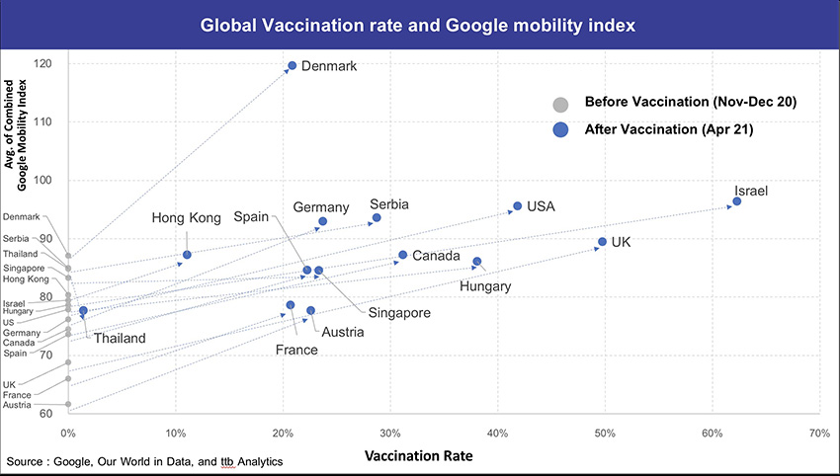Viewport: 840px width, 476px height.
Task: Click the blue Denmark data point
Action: click(x=292, y=66)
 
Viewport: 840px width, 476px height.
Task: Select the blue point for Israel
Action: click(x=736, y=201)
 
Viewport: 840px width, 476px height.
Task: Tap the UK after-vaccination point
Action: click(x=602, y=242)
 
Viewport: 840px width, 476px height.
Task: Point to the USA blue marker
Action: click(x=517, y=206)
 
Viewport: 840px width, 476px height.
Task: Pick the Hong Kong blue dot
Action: click(x=187, y=255)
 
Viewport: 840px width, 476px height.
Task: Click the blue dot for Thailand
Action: click(x=83, y=310)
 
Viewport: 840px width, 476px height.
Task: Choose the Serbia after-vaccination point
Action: click(x=377, y=217)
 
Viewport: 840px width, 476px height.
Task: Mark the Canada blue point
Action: click(x=402, y=255)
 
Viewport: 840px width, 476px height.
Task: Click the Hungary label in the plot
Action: click(x=485, y=286)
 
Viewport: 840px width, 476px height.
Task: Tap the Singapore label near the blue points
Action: click(x=398, y=313)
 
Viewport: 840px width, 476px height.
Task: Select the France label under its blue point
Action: click(x=296, y=350)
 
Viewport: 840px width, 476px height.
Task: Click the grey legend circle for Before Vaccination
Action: click(x=560, y=104)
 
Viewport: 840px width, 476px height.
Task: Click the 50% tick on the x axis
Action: click(x=605, y=433)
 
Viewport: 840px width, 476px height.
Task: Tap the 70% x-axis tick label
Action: click(x=819, y=433)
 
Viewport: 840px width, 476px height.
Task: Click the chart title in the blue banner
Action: click(x=418, y=22)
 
